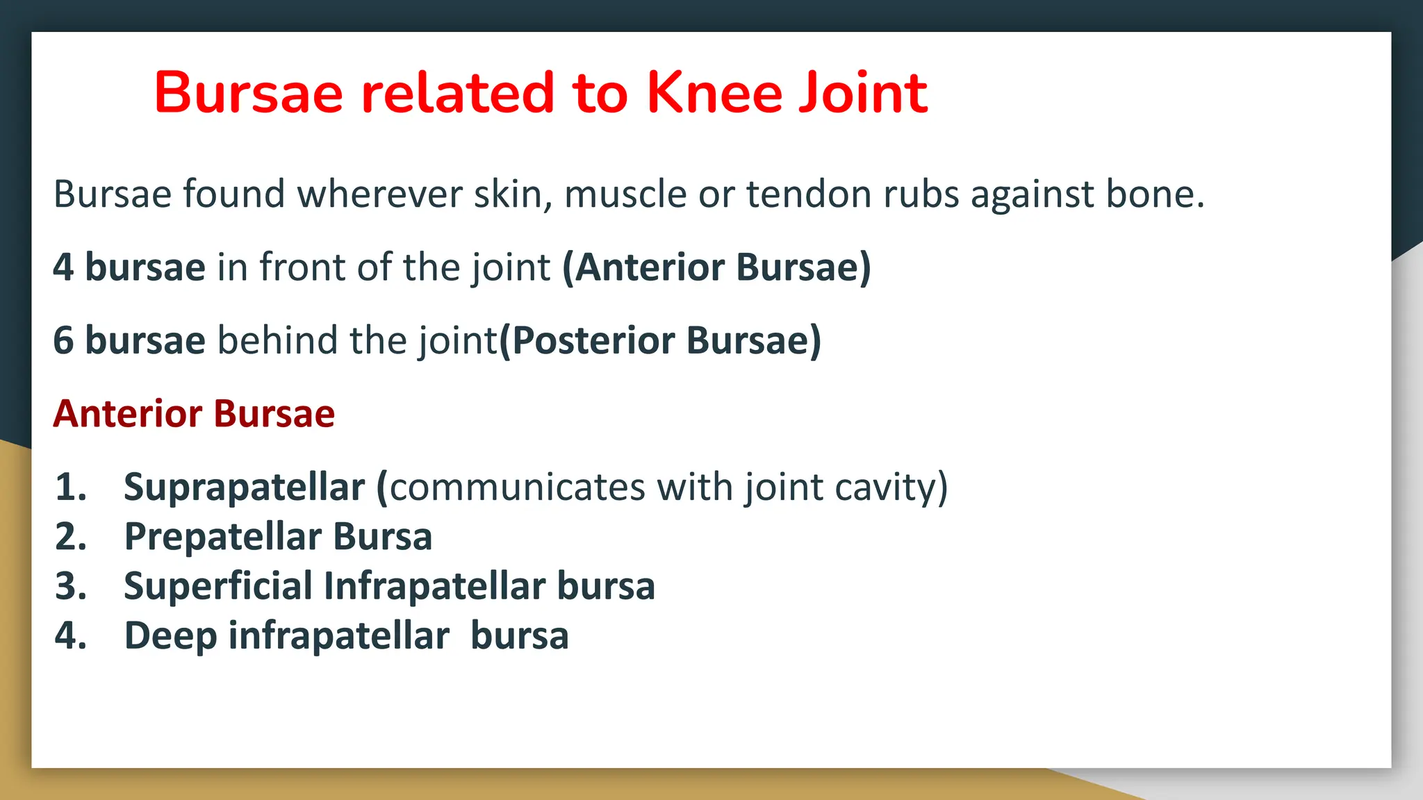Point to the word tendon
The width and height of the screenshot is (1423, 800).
[x=808, y=194]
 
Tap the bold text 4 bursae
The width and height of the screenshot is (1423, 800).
[x=129, y=267]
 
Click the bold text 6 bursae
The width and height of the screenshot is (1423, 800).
[x=129, y=341]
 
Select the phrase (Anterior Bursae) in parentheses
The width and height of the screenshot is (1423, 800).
[x=716, y=267]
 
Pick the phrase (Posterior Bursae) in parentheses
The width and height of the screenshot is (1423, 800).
[x=660, y=341]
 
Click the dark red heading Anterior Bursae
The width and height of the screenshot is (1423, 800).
[x=194, y=414]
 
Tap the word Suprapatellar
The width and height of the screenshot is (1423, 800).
[x=244, y=487]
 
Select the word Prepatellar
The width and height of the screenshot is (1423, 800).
[x=222, y=537]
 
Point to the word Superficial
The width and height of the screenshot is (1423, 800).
[x=217, y=586]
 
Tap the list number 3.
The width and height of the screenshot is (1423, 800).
[x=70, y=586]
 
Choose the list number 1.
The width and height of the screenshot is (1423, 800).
[x=70, y=487]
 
